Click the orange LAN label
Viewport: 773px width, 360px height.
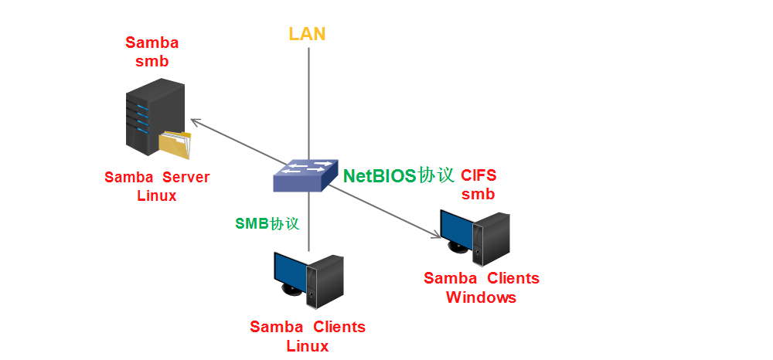coord(307,34)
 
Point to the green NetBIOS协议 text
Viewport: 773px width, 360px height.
coord(398,175)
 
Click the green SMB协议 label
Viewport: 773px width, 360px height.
coord(267,223)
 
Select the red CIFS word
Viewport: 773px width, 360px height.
coord(479,175)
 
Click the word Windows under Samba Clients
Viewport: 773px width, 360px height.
coord(481,297)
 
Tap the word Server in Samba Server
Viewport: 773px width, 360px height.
coord(186,178)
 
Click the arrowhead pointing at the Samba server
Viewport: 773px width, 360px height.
coord(195,121)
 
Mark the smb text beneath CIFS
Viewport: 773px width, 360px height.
coord(478,195)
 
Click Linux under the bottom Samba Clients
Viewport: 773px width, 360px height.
coord(307,345)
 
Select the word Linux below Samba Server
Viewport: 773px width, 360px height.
coord(157,195)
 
